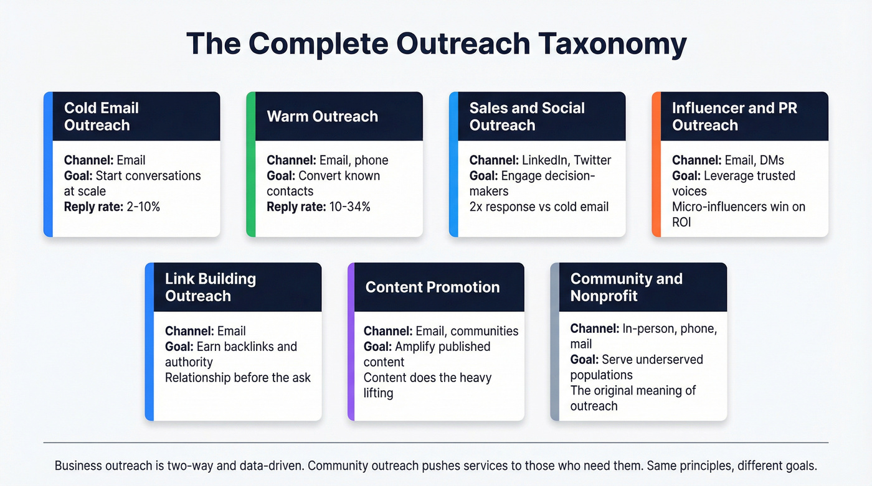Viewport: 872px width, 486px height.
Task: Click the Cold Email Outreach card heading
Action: (x=101, y=116)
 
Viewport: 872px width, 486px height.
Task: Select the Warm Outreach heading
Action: (x=322, y=116)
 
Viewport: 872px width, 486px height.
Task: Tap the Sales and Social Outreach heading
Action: (x=526, y=116)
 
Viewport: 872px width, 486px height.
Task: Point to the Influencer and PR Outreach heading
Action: (x=734, y=116)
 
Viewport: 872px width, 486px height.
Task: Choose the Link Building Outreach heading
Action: (x=210, y=287)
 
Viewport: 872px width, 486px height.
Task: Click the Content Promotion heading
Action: (x=432, y=287)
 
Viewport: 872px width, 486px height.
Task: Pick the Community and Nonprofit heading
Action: (x=626, y=287)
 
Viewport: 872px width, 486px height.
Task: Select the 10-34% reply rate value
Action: (x=349, y=207)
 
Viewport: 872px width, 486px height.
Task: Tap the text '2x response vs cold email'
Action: (x=539, y=207)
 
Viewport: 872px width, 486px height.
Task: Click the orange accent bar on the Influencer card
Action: (x=656, y=164)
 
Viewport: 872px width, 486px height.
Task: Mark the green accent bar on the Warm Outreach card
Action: (x=250, y=164)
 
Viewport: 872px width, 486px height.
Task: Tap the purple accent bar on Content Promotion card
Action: (x=351, y=342)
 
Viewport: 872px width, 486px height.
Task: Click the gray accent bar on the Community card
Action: (x=554, y=342)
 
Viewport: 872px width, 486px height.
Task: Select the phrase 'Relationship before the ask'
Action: (x=237, y=377)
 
